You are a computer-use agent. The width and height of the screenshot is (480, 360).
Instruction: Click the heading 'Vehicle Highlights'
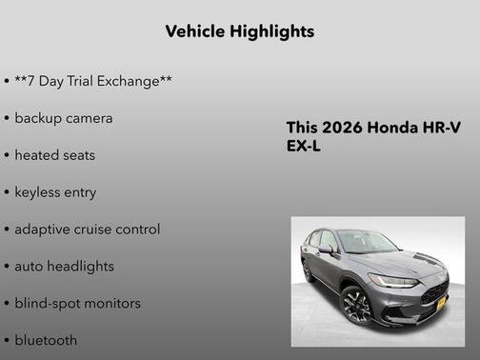(x=239, y=31)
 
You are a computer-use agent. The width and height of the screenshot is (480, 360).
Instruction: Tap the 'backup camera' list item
(x=63, y=118)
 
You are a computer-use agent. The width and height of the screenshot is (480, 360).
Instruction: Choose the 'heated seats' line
(x=54, y=155)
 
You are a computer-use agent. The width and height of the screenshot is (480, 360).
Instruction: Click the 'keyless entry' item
(x=55, y=192)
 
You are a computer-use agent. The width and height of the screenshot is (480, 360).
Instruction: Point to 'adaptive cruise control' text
(x=87, y=230)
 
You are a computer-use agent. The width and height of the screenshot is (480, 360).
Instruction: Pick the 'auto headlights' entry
(x=64, y=267)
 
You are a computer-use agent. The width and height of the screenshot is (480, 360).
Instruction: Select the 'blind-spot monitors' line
(x=77, y=304)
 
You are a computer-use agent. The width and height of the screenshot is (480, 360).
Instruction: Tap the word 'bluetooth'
(x=46, y=340)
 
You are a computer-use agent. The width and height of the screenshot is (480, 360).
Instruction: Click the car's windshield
(x=366, y=242)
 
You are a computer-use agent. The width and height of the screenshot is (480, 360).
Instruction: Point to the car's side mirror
(x=327, y=250)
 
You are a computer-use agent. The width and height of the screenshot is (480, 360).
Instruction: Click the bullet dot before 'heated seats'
(x=7, y=155)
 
